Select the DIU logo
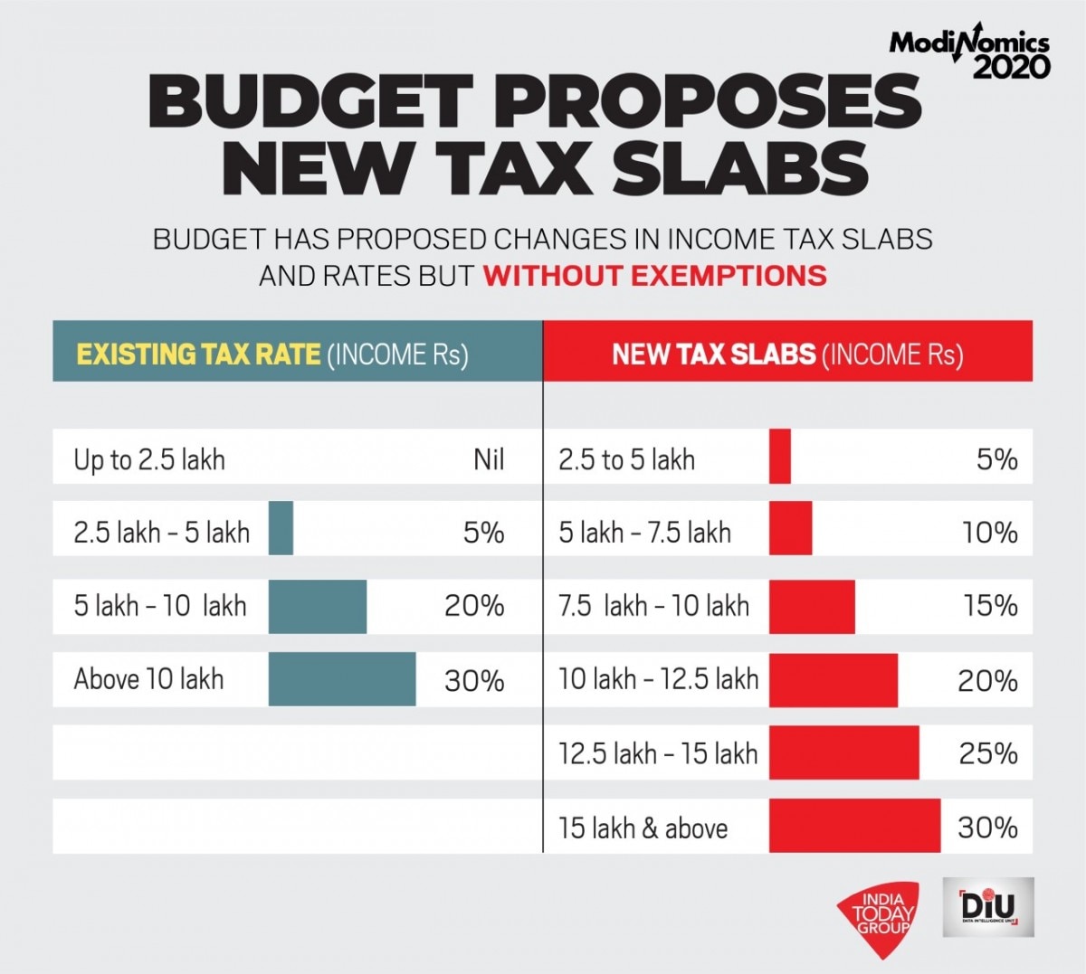click(987, 907)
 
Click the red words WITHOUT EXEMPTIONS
click(654, 275)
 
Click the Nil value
click(489, 459)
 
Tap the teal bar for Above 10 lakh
click(342, 679)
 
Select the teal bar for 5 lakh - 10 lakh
click(318, 606)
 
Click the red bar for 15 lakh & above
click(854, 827)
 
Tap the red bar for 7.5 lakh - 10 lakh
click(812, 606)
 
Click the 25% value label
click(989, 753)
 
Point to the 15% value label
click(991, 606)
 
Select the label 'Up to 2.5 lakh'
click(149, 459)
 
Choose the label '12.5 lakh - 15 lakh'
click(658, 753)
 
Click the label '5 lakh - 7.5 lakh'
click(644, 532)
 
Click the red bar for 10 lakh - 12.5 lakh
click(834, 679)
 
